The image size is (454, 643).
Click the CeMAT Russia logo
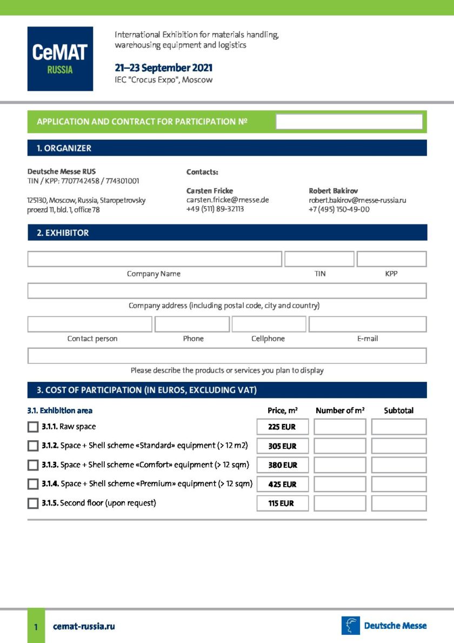pos(60,59)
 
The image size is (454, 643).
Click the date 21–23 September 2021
pos(163,68)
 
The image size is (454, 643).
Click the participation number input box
pos(349,122)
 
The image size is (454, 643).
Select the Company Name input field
pos(155,259)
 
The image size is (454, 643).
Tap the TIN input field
pos(319,259)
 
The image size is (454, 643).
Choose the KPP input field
pos(391,259)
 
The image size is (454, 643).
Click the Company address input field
pos(227,291)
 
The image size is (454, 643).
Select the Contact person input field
pos(90,324)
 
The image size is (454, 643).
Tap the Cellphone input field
pos(269,324)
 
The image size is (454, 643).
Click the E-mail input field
pos(368,324)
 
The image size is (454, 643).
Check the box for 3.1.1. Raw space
pos(33,427)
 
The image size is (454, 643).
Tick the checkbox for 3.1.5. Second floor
pos(33,503)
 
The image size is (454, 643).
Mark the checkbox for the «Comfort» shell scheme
pos(33,465)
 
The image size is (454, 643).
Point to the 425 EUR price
pos(283,485)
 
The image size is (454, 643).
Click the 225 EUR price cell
pos(283,427)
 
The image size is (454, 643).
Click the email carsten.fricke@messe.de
pos(228,200)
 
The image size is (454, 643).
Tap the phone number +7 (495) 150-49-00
pos(339,209)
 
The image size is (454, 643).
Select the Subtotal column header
pos(398,410)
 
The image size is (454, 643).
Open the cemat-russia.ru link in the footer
pos(84,626)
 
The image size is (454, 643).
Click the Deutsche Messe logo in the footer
pos(384,626)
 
